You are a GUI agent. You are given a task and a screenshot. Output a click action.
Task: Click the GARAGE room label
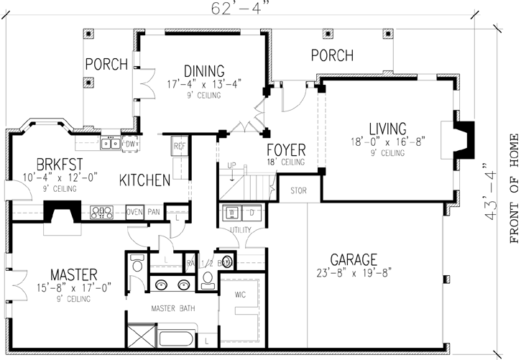click(x=354, y=259)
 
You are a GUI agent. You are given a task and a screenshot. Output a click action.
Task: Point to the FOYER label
click(x=286, y=150)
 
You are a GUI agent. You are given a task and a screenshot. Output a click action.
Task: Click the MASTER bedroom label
click(x=74, y=274)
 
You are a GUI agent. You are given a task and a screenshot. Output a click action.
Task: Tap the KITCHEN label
click(x=144, y=179)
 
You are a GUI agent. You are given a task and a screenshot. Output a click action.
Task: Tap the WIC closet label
click(x=240, y=294)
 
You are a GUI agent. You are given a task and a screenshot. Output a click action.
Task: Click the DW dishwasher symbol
click(x=130, y=143)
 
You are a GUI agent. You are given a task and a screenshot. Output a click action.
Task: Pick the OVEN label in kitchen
click(x=134, y=211)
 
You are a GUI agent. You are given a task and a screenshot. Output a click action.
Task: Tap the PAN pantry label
click(x=153, y=211)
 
